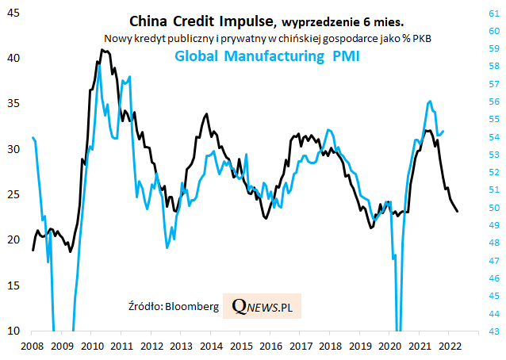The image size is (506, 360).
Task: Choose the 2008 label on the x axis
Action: [32, 347]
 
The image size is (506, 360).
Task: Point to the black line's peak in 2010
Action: [101, 49]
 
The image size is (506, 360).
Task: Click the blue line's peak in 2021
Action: [429, 101]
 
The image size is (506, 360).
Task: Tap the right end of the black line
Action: [458, 211]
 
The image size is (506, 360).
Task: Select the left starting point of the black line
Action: [33, 250]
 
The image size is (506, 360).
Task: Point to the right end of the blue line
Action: [443, 132]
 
